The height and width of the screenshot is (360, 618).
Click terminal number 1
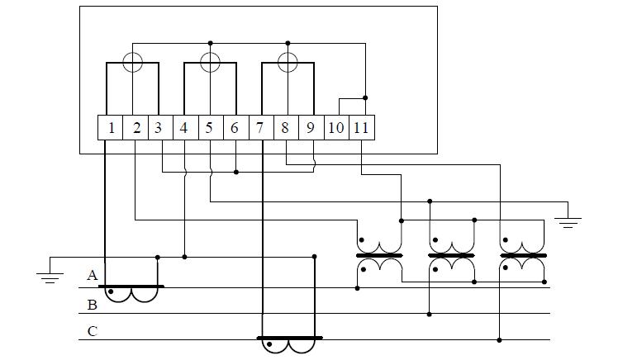coord(111,128)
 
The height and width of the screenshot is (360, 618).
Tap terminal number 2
coord(136,128)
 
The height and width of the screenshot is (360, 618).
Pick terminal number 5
coord(210,128)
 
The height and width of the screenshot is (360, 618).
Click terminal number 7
coord(260,128)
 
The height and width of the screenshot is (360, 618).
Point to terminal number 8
coord(285,128)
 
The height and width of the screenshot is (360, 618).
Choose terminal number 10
coord(336,128)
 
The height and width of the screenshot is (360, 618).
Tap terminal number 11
coord(362,128)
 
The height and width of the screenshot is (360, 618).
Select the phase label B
coord(93,305)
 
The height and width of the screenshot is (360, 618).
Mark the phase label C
coord(93,332)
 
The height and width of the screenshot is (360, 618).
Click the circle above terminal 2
coord(132,61)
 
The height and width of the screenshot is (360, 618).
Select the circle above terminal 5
coord(211,61)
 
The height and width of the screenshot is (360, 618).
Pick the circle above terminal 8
coord(288,61)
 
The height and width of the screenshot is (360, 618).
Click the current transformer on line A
coord(131,293)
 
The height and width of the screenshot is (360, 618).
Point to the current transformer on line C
coord(289,343)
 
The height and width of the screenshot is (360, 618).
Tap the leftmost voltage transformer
coord(379,256)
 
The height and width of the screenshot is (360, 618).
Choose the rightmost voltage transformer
coord(524,256)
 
